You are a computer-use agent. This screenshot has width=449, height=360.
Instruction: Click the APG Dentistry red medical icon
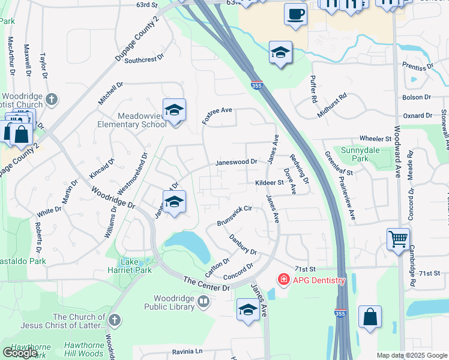283,280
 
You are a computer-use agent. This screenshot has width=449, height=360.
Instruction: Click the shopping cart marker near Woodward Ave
398,240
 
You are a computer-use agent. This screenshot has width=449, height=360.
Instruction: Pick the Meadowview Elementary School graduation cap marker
174,110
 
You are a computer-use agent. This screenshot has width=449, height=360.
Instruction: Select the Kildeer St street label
268,182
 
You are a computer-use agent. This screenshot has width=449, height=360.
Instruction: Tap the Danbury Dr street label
243,244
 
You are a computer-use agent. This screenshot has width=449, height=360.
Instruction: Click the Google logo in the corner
20,353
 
